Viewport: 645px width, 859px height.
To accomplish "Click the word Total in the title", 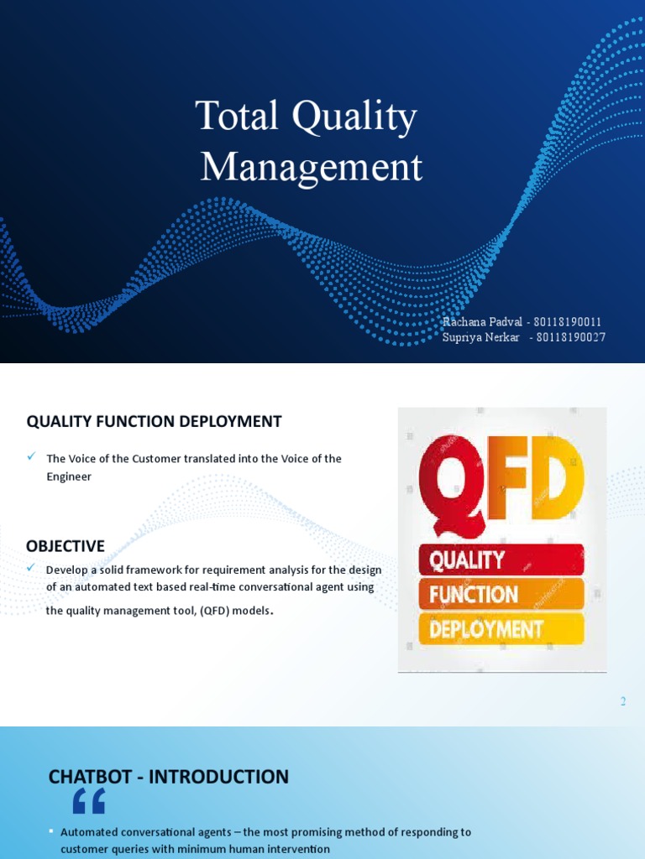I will pos(236,116).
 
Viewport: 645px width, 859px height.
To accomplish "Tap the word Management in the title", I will pos(311,166).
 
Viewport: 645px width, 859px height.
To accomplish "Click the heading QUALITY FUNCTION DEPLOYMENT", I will pos(154,421).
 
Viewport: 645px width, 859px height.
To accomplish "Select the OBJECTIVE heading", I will pos(66,546).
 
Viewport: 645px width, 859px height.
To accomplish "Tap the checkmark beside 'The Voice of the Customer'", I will pos(31,456).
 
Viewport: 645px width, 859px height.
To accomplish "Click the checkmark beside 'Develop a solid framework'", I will pos(31,568).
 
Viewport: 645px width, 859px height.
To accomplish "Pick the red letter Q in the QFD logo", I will pos(450,477).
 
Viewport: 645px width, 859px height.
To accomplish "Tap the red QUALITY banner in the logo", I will pos(501,560).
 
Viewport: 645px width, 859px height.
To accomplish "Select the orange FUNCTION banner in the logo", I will pos(501,594).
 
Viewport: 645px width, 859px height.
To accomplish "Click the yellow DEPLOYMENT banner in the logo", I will pos(501,628).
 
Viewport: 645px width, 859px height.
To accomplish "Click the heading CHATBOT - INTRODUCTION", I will pos(169,777).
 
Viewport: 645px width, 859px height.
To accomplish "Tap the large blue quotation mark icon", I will pos(88,802).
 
